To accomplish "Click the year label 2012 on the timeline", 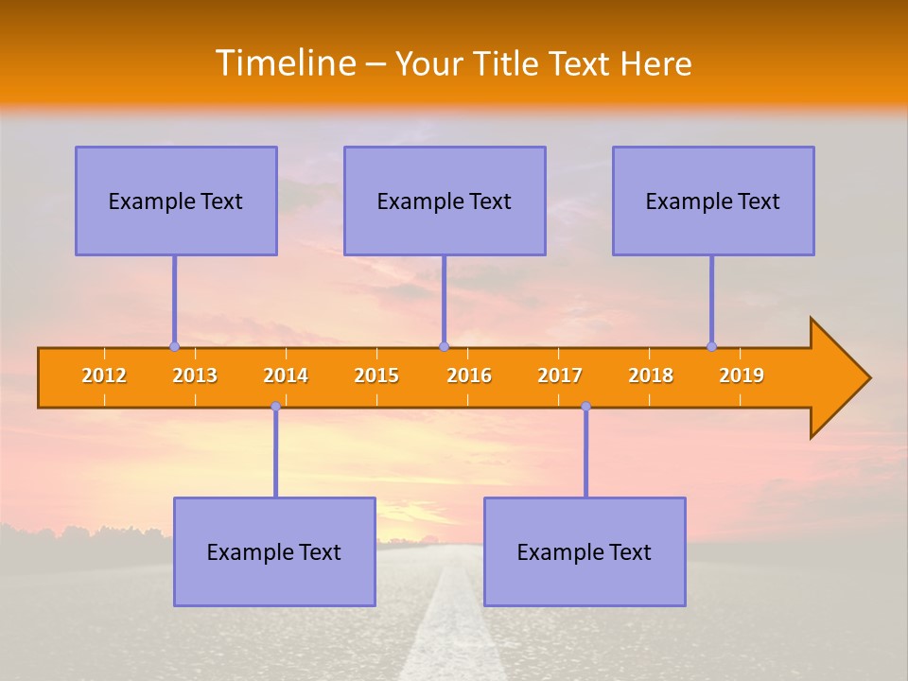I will pos(104,375).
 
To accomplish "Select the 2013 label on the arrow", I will pos(195,375).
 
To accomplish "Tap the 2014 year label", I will pos(286,375).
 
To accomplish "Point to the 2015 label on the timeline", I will pos(376,375).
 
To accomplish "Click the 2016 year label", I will pos(469,375).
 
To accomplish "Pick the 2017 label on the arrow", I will pos(560,375).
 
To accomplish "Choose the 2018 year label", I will pos(651,375).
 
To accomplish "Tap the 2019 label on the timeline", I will pos(742,375).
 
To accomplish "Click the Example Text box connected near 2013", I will pos(176,201).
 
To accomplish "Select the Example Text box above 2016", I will pos(445,201).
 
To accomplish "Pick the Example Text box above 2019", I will pos(713,201).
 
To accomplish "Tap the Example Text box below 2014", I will pos(274,551).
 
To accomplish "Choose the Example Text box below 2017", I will pos(585,551).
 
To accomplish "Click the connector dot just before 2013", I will pos(174,346).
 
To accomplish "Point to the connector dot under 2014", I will pos(275,406).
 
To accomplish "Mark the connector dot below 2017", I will pos(585,406).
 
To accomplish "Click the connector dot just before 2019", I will pos(711,346).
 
